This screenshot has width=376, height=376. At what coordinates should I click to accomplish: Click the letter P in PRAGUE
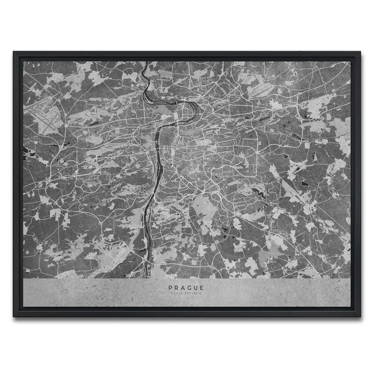(x=170, y=287)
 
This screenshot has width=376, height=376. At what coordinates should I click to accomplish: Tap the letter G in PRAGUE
(x=189, y=287)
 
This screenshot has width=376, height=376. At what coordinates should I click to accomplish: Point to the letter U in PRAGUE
(x=196, y=287)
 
